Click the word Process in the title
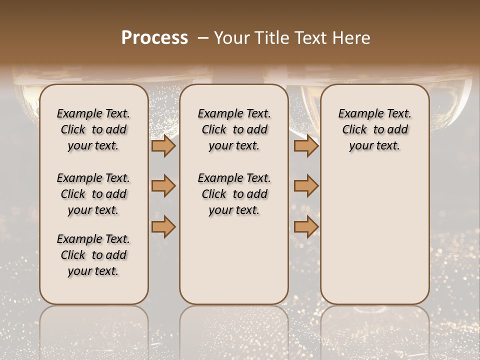(154, 38)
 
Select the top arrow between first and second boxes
(163, 146)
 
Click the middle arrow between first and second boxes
(163, 186)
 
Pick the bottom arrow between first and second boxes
(163, 226)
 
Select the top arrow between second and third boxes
(306, 146)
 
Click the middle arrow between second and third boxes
(306, 186)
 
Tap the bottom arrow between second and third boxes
(306, 226)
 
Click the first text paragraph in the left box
(93, 129)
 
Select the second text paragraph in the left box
(93, 194)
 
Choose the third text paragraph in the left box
(93, 255)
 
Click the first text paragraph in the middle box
(234, 129)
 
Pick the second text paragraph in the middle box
(234, 194)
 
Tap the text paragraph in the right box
(374, 129)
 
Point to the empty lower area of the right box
(374, 235)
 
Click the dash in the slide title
(202, 38)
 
